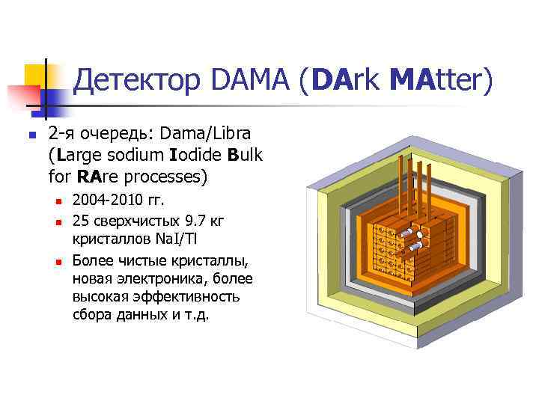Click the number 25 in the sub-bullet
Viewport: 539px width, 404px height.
(82, 221)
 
